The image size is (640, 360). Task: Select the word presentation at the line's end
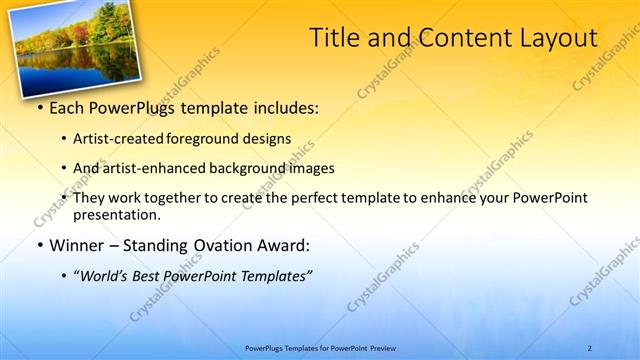[116, 214]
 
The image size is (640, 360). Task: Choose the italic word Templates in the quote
[275, 276]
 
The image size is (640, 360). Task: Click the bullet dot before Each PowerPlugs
[39, 107]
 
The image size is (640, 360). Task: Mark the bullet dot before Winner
[39, 246]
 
